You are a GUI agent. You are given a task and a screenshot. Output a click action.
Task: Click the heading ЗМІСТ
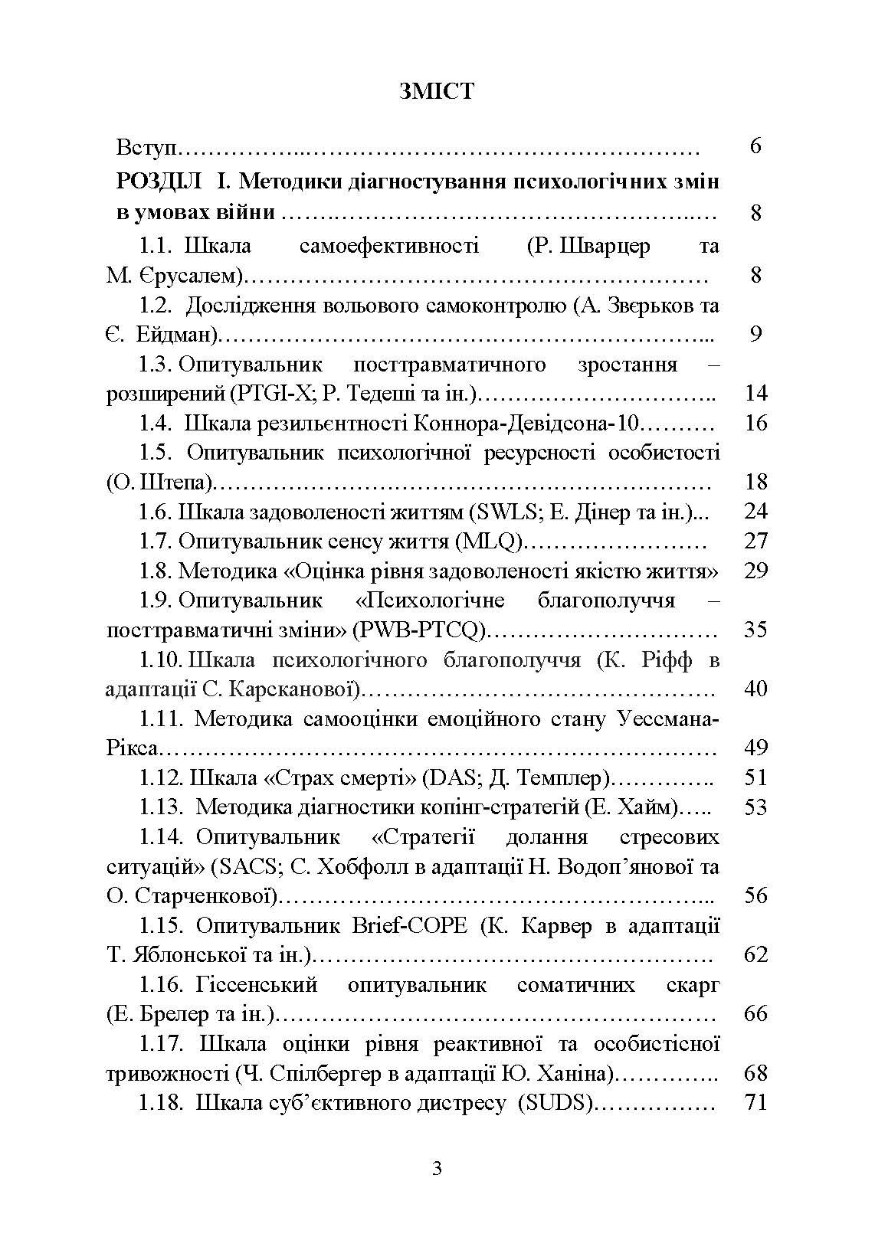[437, 91]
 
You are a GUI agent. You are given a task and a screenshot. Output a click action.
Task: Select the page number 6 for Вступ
[755, 146]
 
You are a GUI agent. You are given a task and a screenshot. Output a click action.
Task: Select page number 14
[755, 394]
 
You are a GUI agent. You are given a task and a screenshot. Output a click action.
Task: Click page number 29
[755, 571]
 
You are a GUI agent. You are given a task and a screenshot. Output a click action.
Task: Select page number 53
[755, 807]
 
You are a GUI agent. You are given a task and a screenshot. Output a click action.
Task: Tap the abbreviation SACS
[240, 867]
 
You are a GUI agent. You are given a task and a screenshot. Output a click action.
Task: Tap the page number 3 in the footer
[437, 1169]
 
